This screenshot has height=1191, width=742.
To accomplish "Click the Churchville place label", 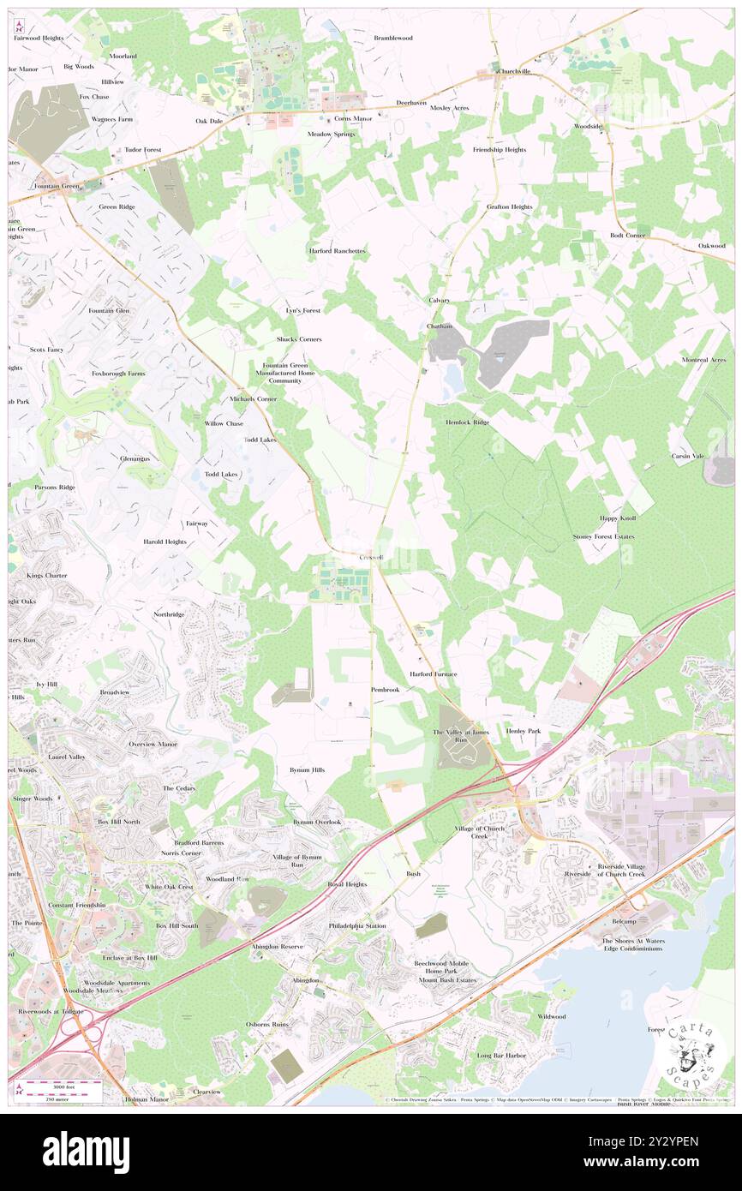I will click(x=515, y=72).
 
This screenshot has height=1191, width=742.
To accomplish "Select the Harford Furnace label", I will click(x=433, y=674).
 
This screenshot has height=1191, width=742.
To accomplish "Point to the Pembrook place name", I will click(x=385, y=690).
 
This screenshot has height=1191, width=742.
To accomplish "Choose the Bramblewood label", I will click(x=392, y=39).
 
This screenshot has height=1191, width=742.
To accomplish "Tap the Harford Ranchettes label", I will click(x=338, y=251).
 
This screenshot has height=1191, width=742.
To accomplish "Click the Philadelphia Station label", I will click(x=357, y=926).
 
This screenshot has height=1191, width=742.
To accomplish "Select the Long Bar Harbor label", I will click(x=502, y=1056).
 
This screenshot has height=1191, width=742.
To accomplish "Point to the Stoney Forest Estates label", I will click(x=604, y=537).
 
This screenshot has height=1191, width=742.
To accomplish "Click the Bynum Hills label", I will click(x=307, y=770).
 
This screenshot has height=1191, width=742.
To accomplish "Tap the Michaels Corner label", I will click(x=253, y=399).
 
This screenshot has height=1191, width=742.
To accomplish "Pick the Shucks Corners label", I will click(x=299, y=339).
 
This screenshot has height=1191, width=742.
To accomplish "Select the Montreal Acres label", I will click(x=704, y=360).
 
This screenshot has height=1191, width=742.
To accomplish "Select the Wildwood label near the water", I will click(x=551, y=1016).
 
